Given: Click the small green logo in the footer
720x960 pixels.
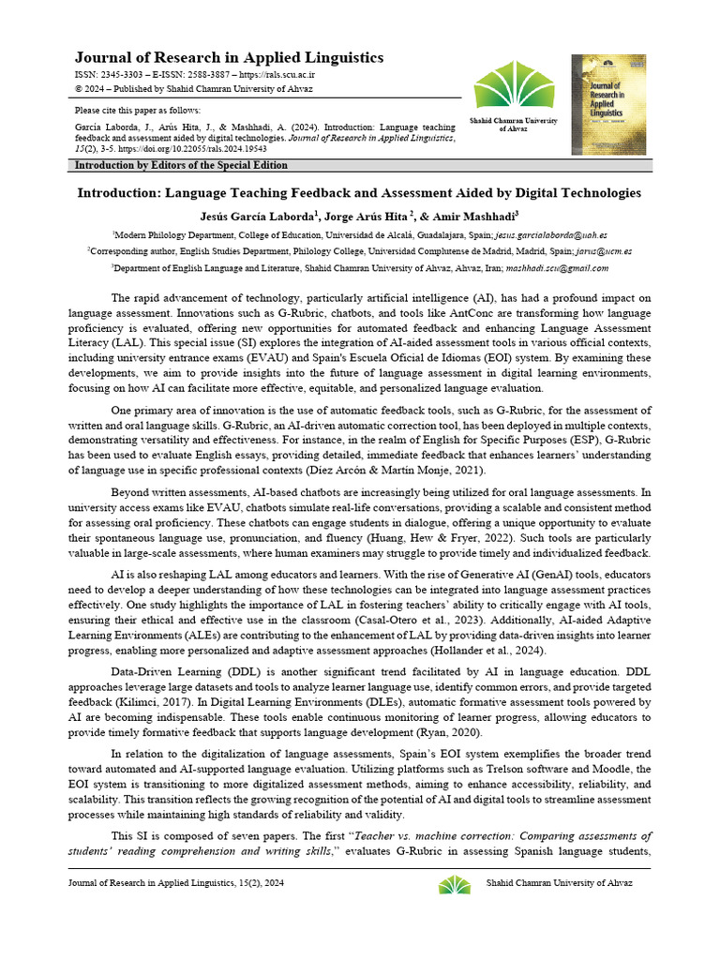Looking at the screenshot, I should (x=455, y=884).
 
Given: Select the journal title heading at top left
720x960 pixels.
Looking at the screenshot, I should (x=229, y=58).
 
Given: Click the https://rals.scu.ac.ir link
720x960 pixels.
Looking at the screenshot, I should (x=277, y=74).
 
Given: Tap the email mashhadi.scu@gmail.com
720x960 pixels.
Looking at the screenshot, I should (x=557, y=268).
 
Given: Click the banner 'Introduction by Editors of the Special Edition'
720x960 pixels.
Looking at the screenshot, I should (x=181, y=166).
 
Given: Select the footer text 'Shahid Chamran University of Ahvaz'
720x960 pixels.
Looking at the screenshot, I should (x=559, y=884).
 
